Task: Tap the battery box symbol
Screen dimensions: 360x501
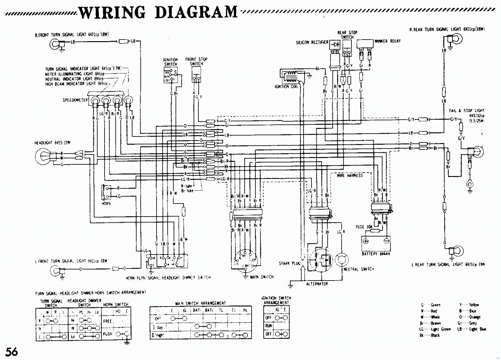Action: tap(376, 243)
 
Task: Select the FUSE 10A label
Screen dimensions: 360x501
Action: tap(364, 227)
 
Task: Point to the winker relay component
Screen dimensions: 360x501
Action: tap(365, 44)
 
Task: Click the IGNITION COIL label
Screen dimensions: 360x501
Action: tap(286, 87)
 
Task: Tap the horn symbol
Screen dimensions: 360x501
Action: tap(105, 192)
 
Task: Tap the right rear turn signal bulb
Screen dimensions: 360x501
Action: tap(457, 39)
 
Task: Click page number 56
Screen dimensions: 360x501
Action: tap(11, 352)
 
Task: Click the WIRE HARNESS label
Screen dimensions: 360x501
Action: tap(350, 175)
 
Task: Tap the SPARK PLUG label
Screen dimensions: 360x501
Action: tap(289, 263)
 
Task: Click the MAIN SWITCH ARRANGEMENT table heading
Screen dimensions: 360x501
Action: tap(200, 303)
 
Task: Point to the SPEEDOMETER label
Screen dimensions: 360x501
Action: tap(75, 100)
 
